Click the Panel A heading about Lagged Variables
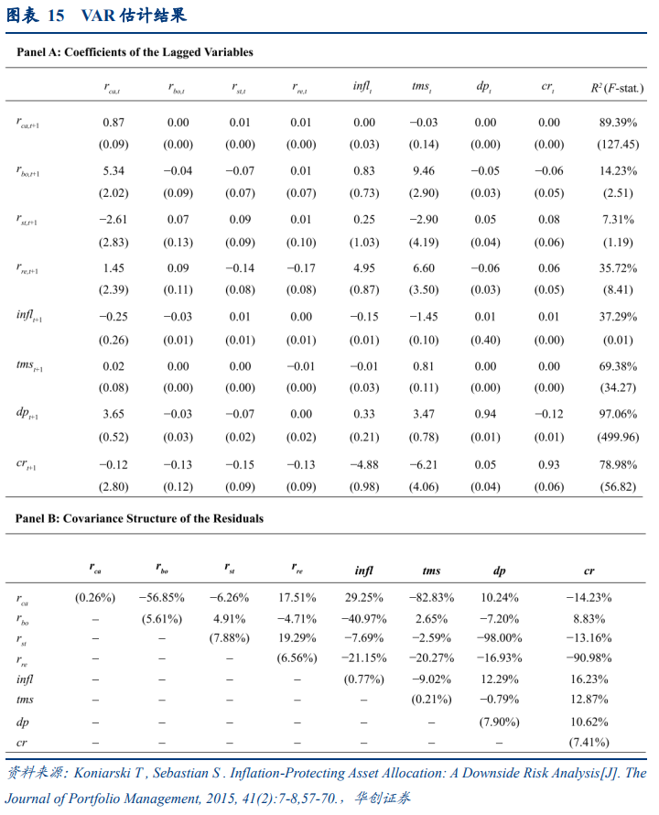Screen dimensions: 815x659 click(x=135, y=52)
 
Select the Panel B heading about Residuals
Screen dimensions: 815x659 click(x=139, y=518)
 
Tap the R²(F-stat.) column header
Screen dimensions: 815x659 click(x=618, y=88)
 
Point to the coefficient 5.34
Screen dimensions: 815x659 click(x=113, y=170)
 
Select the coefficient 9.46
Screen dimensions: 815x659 click(x=422, y=170)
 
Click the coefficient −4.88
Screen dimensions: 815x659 click(x=364, y=464)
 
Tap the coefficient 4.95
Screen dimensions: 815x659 click(x=364, y=268)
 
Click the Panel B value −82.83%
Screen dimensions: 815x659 click(x=421, y=598)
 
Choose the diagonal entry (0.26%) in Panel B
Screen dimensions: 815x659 click(x=95, y=598)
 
